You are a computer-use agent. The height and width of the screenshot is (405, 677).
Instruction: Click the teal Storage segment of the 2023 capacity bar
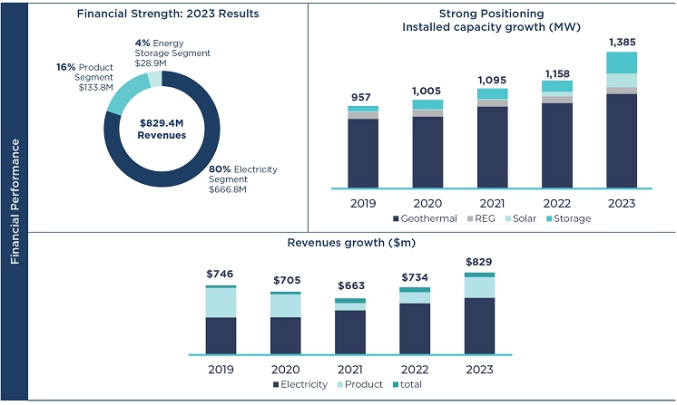click(622, 63)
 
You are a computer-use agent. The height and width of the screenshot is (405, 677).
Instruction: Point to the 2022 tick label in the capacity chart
click(557, 202)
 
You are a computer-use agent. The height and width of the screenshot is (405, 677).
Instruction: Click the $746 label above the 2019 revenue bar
click(221, 274)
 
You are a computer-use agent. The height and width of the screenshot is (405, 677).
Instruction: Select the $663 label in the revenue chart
click(350, 286)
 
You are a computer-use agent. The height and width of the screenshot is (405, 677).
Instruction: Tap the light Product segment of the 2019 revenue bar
click(221, 303)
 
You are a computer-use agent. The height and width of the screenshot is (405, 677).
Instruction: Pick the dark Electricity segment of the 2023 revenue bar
click(479, 325)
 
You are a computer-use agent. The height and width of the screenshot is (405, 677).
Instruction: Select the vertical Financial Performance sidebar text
click(14, 201)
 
